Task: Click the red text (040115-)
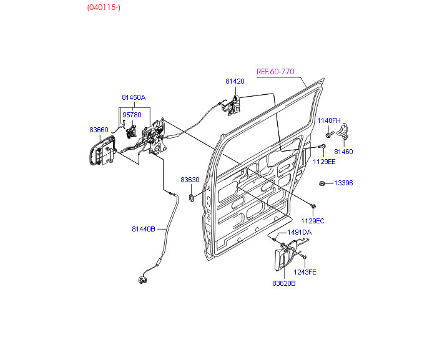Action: [x=104, y=8]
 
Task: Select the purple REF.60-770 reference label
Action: [x=275, y=71]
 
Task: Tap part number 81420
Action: [x=235, y=81]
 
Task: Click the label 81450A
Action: [x=134, y=97]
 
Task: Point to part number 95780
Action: [x=132, y=115]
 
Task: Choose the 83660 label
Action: [x=99, y=130]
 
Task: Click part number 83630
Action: [x=190, y=180]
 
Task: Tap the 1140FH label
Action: [x=328, y=120]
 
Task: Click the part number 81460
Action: [x=343, y=151]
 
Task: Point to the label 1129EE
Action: [x=324, y=162]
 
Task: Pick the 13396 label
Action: [x=343, y=183]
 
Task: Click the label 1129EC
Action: [x=313, y=221]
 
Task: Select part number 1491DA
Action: [x=299, y=232]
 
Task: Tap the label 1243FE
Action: [x=305, y=271]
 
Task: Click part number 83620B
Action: [x=283, y=283]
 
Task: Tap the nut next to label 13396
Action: [x=321, y=183]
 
